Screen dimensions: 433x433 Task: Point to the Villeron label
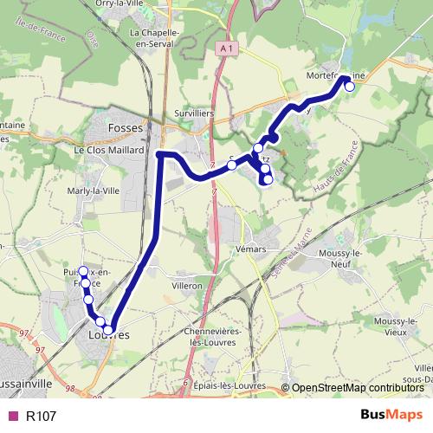[x=186, y=285]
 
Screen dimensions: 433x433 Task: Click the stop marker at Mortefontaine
[x=350, y=87]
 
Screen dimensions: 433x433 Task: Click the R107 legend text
[x=41, y=416]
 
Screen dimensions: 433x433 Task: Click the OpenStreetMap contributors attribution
[x=356, y=388]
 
